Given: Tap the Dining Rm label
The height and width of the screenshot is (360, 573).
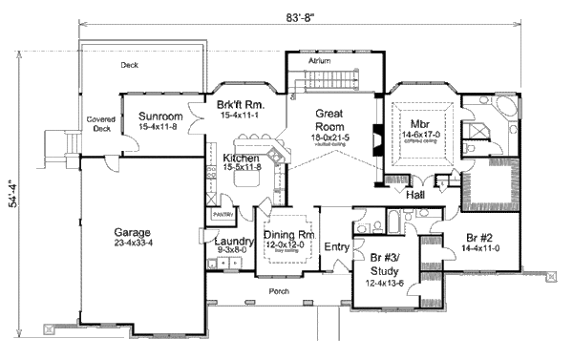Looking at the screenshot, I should coord(284,234).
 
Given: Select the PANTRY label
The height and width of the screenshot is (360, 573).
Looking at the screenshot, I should coord(223,216).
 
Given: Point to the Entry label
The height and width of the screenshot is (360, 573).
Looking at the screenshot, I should coord(337,248).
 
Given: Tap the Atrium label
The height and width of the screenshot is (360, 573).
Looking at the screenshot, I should coord(319,60).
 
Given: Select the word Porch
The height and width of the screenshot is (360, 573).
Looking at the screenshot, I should coord(279,291).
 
